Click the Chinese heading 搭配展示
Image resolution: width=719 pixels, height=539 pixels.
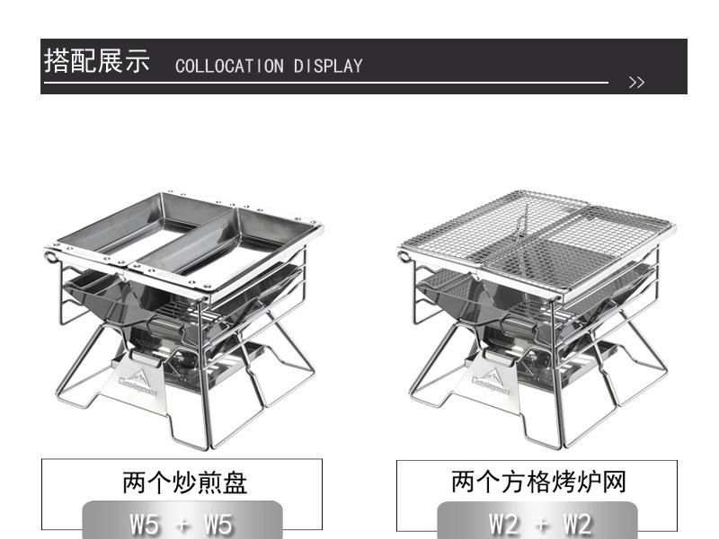tap(98, 62)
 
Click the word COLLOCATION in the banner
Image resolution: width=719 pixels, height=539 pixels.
tap(229, 66)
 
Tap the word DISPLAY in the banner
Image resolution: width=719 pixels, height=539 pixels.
tap(328, 66)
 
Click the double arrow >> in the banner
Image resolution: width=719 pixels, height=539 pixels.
tap(636, 83)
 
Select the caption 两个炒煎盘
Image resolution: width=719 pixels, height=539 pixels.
tap(184, 483)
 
